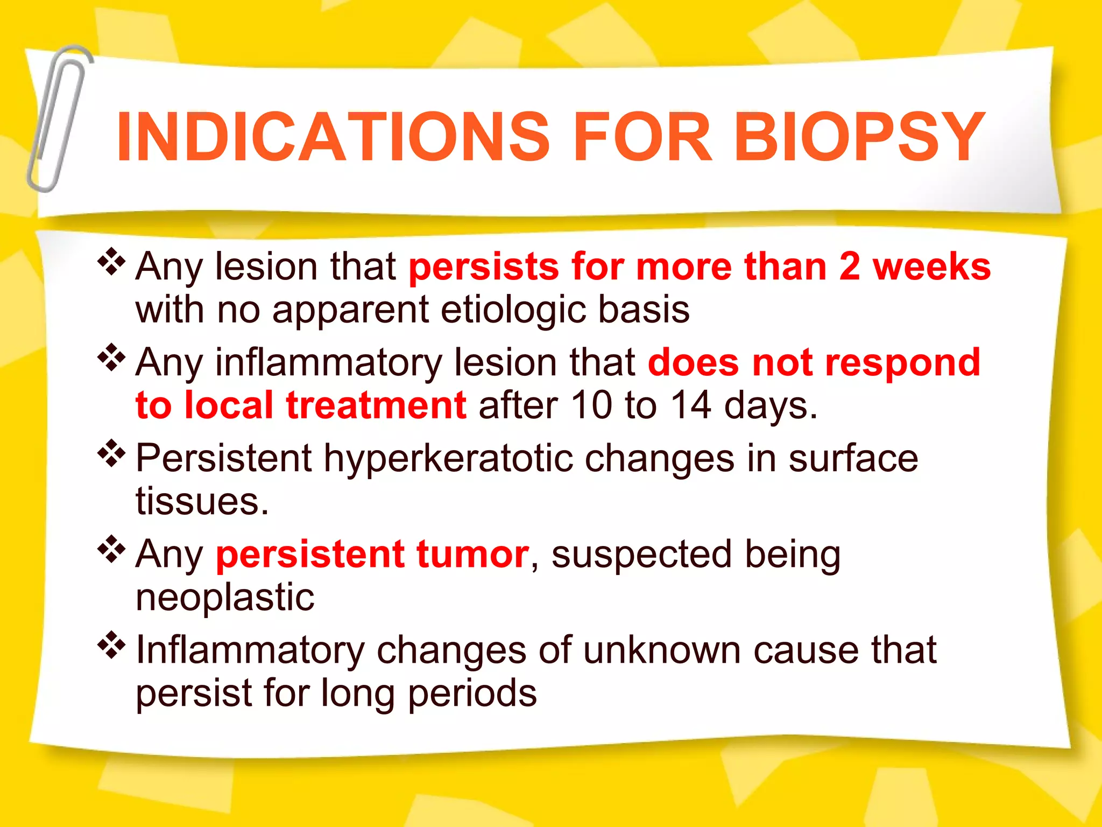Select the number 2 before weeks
(x=850, y=267)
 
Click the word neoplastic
(x=225, y=598)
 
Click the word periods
(x=472, y=693)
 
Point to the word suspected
(x=641, y=555)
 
